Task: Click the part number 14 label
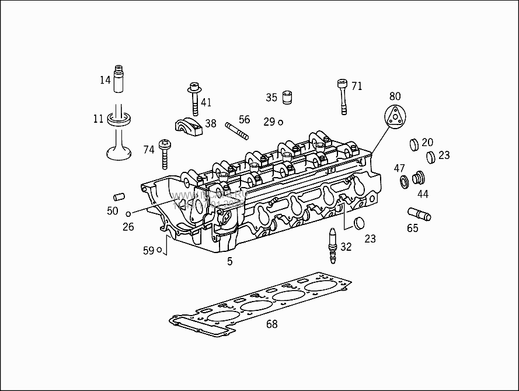105,80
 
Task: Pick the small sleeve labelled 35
287,97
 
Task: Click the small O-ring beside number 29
281,122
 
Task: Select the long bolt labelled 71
342,97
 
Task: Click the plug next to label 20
413,144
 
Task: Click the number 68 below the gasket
271,324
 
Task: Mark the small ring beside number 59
159,251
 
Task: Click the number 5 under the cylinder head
229,261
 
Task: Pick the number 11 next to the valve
98,119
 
